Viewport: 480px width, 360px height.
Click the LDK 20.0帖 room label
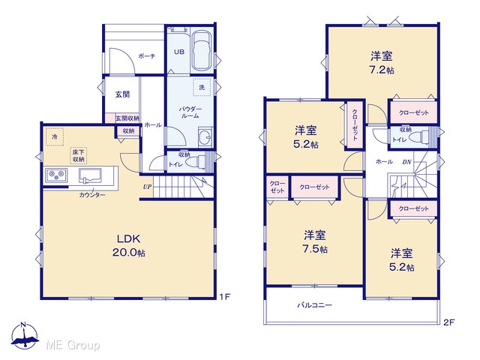[129, 245]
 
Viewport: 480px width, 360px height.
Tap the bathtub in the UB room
[202, 51]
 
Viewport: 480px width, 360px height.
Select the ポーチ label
[147, 56]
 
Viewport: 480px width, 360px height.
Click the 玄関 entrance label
[122, 94]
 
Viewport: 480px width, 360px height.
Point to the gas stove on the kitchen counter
[56, 175]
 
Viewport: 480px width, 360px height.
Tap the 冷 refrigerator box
[55, 136]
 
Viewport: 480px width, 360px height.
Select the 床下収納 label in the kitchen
[79, 156]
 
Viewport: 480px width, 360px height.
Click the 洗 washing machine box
[202, 88]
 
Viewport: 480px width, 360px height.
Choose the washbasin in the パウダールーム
[205, 136]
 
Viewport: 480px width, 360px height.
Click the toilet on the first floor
[201, 162]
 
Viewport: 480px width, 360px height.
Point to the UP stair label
[147, 187]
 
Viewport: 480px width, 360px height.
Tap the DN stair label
[406, 162]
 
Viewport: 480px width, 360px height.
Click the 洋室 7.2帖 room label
[382, 63]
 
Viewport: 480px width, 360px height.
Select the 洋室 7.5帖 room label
[315, 242]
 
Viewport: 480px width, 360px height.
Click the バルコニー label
[315, 305]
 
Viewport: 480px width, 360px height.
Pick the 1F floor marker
[224, 297]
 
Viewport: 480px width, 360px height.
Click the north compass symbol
[25, 336]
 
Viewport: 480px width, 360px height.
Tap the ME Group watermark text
[73, 345]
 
